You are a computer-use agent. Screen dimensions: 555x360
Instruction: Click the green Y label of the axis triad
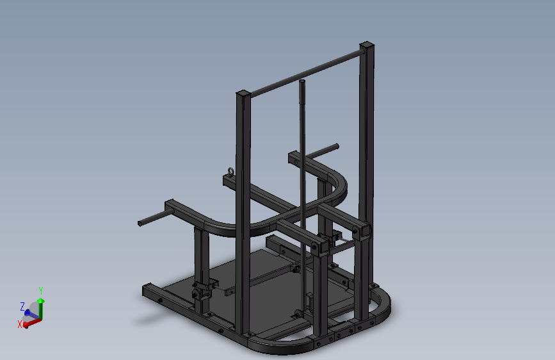(41, 291)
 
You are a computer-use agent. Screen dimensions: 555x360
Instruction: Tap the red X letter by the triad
(20, 324)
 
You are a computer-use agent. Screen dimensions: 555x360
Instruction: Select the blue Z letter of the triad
(22, 306)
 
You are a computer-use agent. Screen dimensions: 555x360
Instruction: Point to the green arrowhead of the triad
(41, 301)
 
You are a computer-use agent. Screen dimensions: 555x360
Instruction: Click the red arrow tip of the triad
(26, 324)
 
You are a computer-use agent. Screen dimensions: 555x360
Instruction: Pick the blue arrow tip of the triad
(28, 313)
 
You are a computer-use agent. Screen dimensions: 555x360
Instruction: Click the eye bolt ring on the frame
(231, 172)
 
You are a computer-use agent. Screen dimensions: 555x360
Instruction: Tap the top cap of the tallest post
(367, 45)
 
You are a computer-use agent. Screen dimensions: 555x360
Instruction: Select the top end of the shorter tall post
(243, 94)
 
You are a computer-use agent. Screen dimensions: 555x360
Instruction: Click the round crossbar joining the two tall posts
(307, 74)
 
